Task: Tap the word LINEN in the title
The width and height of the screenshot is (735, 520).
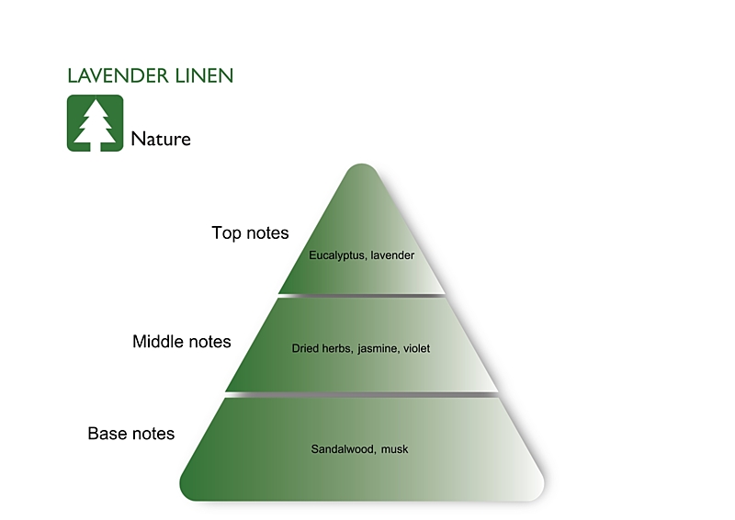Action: tap(202, 76)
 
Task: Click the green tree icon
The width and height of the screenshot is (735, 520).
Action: tap(95, 123)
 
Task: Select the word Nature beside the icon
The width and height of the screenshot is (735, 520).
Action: tap(161, 140)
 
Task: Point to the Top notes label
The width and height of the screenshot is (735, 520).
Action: tap(250, 233)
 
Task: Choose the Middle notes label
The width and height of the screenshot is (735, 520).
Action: tap(182, 342)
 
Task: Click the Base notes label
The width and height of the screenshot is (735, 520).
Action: tap(130, 433)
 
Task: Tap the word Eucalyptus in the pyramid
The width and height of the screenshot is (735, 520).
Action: tap(337, 255)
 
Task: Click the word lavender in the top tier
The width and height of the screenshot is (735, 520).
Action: tap(392, 255)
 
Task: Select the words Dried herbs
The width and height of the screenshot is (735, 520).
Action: tap(321, 349)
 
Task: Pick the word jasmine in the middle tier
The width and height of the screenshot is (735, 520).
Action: tap(377, 349)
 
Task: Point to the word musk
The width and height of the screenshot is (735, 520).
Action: tap(394, 449)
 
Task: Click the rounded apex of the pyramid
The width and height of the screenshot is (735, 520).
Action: tap(362, 171)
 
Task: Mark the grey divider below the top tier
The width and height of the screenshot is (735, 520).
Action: tap(362, 295)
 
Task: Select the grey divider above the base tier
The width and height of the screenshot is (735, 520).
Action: tap(362, 394)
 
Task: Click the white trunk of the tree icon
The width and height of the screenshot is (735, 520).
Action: tap(96, 143)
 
